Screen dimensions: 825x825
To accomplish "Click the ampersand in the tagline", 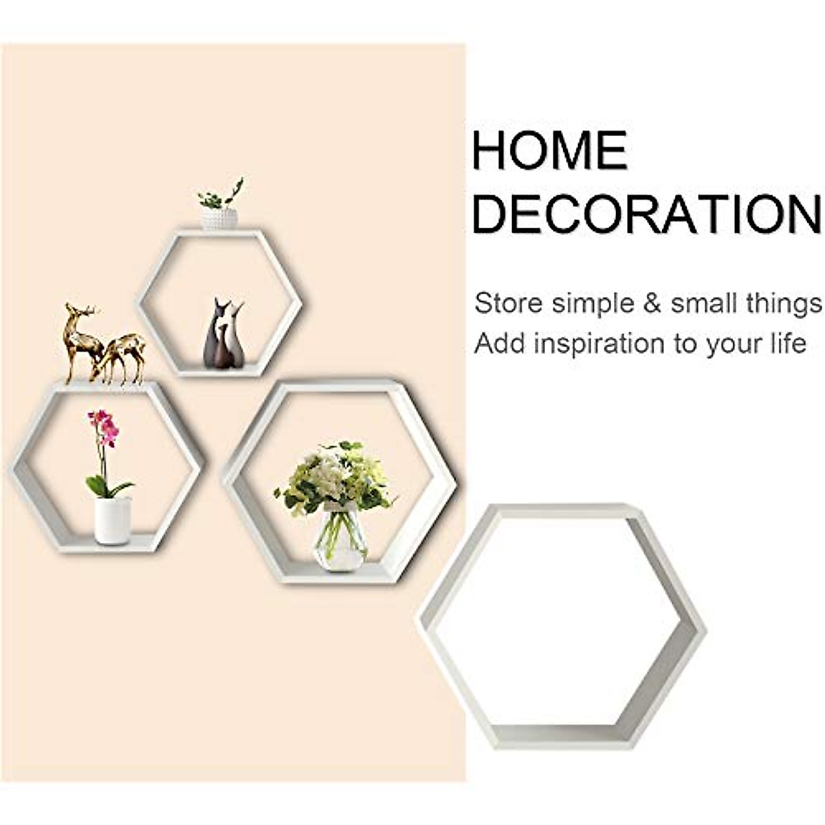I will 651,303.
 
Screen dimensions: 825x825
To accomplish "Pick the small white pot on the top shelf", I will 219,219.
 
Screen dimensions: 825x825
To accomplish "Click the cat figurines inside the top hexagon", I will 225,334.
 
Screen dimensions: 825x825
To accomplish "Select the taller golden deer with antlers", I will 80,340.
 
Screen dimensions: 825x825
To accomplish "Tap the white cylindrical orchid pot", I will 112,520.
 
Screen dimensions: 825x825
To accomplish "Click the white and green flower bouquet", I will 335,476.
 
